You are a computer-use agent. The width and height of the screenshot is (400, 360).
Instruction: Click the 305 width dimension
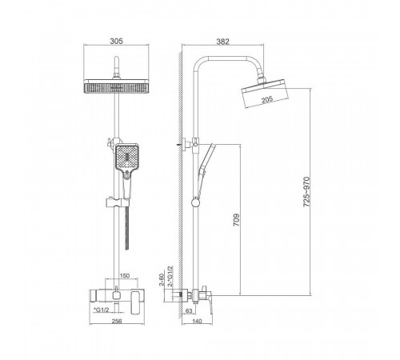pyautogui.click(x=117, y=41)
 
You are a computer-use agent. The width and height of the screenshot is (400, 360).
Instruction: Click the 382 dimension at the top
pyautogui.click(x=222, y=42)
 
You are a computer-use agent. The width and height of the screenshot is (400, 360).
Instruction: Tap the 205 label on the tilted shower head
pyautogui.click(x=267, y=99)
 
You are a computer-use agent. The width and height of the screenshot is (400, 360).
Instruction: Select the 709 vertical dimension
pyautogui.click(x=237, y=220)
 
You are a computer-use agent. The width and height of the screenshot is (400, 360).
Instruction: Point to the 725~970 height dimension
pyautogui.click(x=307, y=192)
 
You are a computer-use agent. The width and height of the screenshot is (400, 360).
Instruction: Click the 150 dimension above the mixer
pyautogui.click(x=125, y=275)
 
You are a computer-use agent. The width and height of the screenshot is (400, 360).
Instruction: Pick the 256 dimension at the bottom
pyautogui.click(x=117, y=321)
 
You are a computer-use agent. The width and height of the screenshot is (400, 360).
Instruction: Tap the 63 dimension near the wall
pyautogui.click(x=189, y=310)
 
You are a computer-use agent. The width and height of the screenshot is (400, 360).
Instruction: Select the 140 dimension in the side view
pyautogui.click(x=197, y=321)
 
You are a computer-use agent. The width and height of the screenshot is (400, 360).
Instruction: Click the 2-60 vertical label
pyautogui.click(x=162, y=279)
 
